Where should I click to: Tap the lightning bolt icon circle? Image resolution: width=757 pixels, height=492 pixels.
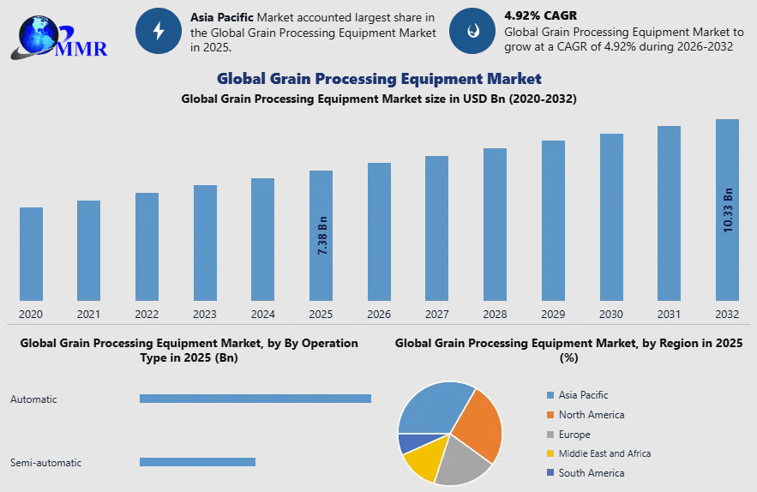point(158,31)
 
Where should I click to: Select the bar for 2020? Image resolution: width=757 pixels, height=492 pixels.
point(31,254)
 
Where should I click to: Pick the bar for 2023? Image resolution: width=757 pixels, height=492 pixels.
point(205,243)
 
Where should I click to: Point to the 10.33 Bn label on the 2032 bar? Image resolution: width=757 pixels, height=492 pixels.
point(728,209)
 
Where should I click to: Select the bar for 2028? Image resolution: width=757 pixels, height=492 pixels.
point(495,225)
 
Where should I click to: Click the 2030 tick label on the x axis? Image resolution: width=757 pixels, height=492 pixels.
point(611,315)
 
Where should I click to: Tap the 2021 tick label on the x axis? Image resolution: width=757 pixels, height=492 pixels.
point(89,315)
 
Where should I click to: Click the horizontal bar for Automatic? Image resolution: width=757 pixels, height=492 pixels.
point(255,399)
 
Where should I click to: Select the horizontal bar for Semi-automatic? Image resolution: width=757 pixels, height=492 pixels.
point(197,462)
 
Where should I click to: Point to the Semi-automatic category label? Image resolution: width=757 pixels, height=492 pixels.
point(45,463)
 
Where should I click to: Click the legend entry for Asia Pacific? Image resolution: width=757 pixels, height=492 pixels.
point(583,395)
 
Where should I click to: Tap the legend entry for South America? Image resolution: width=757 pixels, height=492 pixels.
point(591,473)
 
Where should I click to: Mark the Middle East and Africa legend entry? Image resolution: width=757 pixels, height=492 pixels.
point(604,453)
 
